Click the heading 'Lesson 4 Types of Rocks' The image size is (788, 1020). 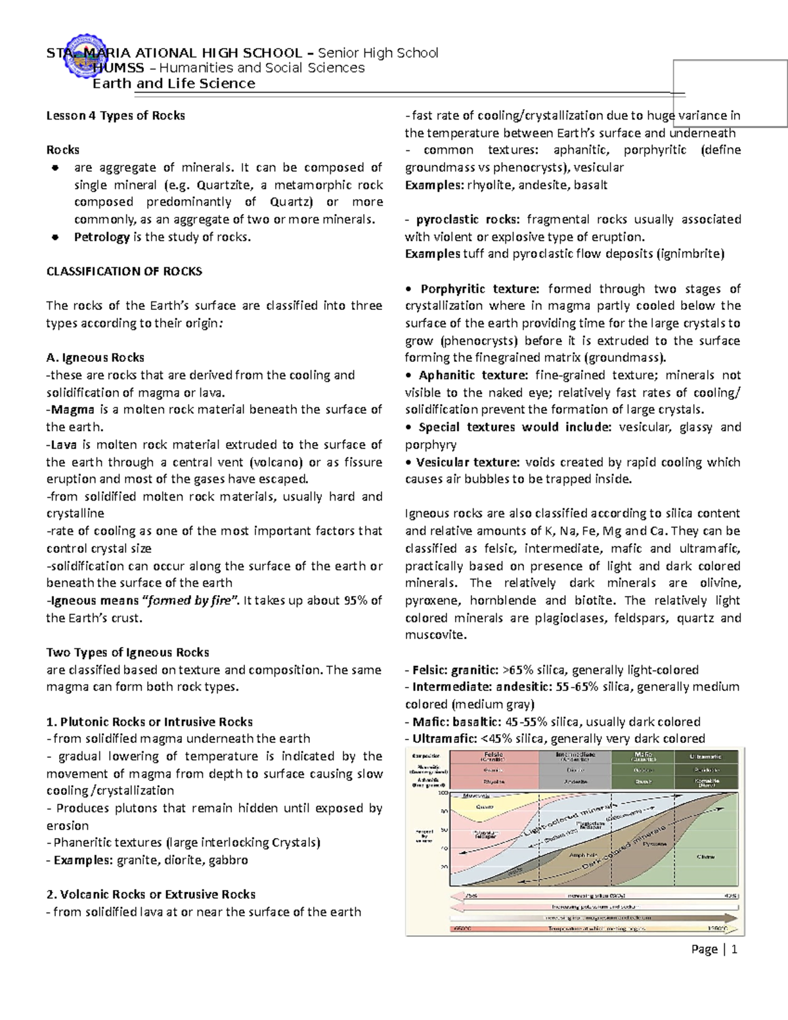(115, 116)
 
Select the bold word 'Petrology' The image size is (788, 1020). (101, 237)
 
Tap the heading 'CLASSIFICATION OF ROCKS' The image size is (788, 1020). (123, 271)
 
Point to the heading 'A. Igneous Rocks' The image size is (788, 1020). (95, 358)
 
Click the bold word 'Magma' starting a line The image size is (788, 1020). (72, 410)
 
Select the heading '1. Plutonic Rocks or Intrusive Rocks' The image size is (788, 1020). (149, 722)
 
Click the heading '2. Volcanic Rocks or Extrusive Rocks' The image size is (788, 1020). (150, 895)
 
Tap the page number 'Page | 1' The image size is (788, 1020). (714, 949)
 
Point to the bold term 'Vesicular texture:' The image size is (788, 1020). (468, 462)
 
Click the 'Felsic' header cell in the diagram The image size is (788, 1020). (493, 757)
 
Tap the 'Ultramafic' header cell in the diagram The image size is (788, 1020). (706, 757)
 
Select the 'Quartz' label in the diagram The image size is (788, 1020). (485, 807)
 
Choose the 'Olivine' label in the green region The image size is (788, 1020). (707, 856)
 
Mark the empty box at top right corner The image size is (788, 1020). (730, 93)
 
